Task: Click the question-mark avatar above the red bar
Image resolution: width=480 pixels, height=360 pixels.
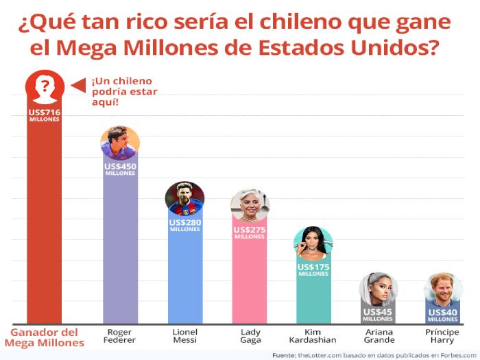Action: tap(45, 86)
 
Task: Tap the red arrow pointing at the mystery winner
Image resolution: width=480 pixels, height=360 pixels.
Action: tap(79, 85)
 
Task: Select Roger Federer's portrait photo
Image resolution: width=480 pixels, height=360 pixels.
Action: tap(120, 143)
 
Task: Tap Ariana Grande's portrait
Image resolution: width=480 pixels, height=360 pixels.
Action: tap(378, 291)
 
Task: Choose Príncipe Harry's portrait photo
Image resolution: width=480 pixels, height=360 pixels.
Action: tap(443, 290)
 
